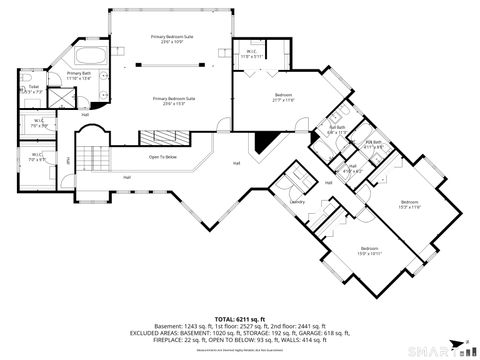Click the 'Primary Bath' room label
pyautogui.click(x=79, y=73)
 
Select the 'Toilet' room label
pyautogui.click(x=33, y=87)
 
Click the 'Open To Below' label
pyautogui.click(x=163, y=157)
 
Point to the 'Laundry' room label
pyautogui.click(x=297, y=202)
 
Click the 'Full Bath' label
pyautogui.click(x=337, y=127)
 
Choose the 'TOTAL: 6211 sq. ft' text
pyautogui.click(x=239, y=315)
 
